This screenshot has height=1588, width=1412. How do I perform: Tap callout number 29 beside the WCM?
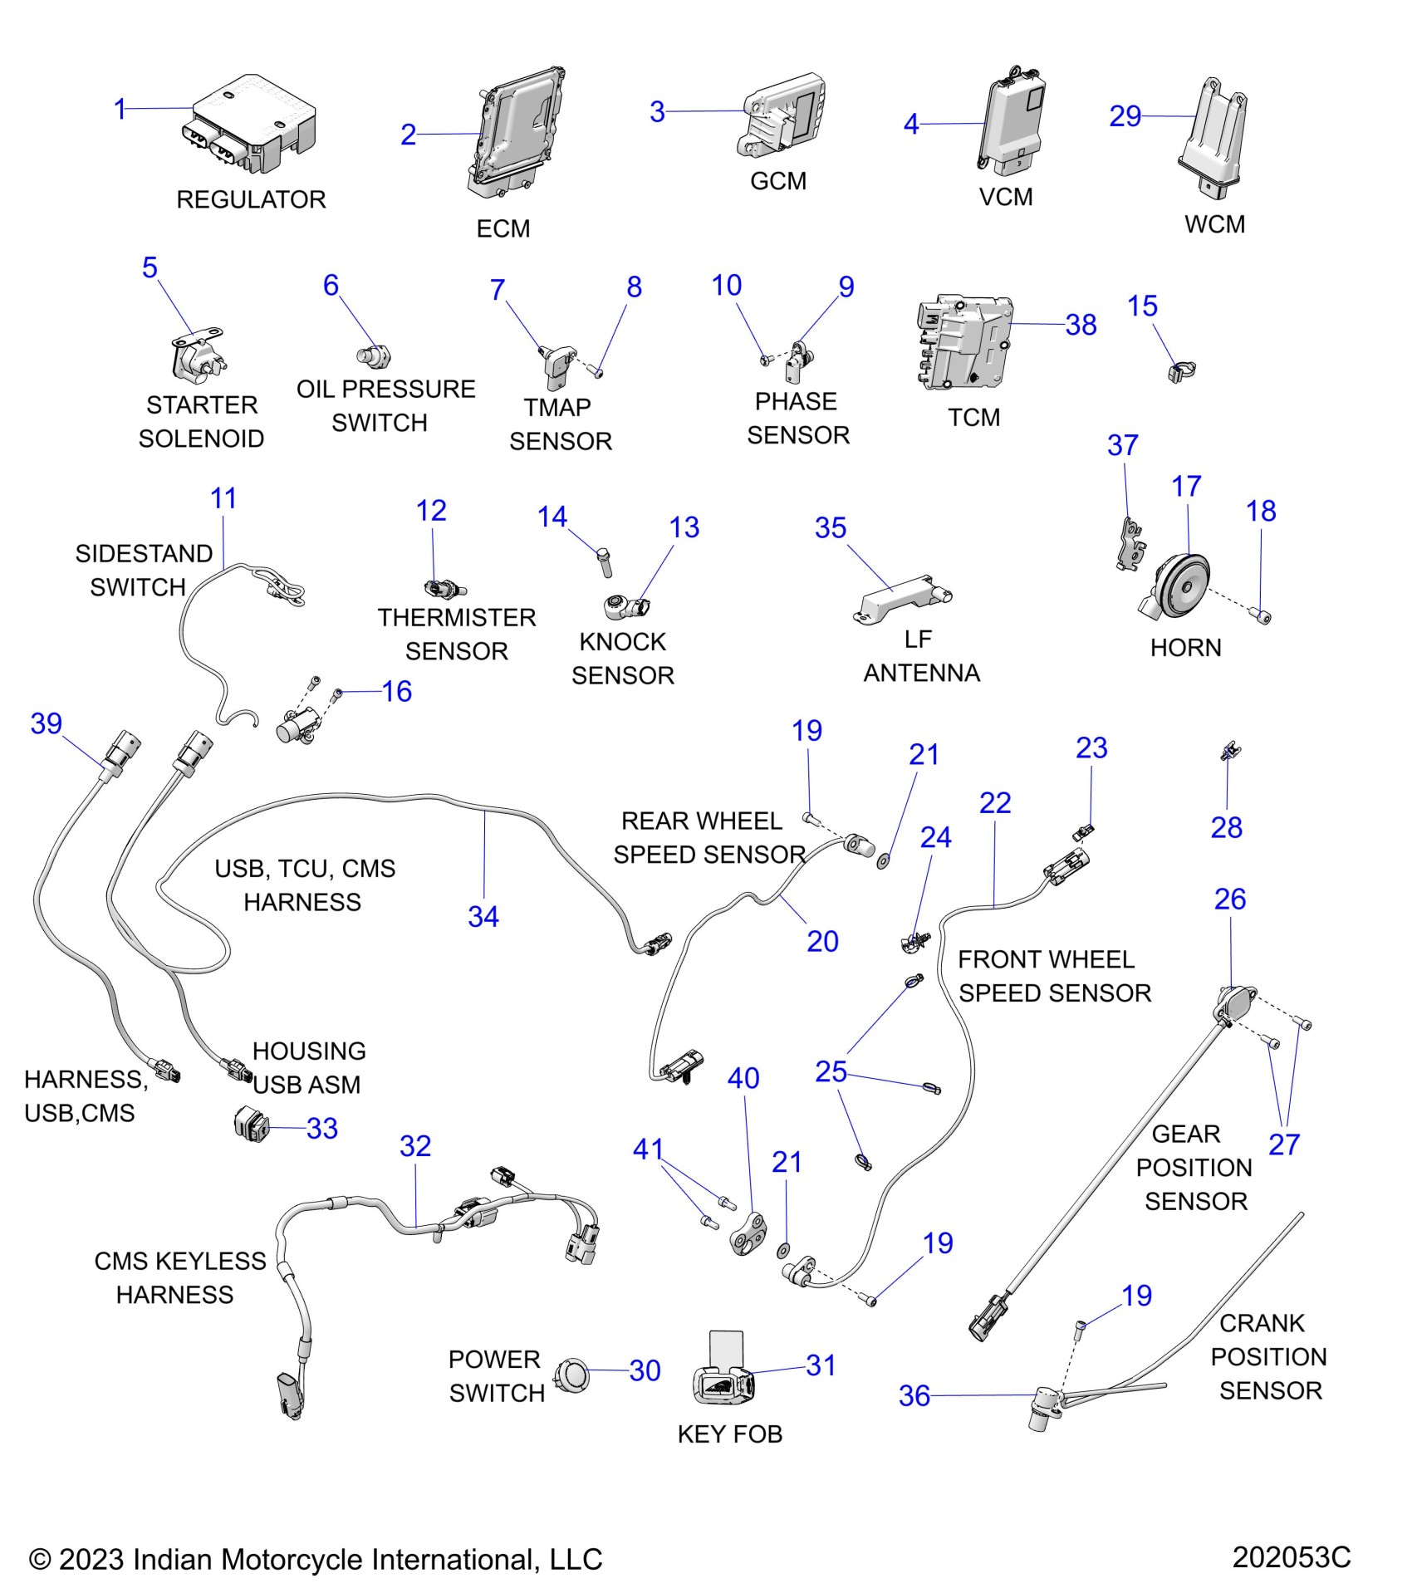click(1125, 116)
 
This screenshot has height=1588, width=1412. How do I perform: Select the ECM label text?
click(503, 228)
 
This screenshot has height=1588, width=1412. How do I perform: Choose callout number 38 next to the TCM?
click(1081, 325)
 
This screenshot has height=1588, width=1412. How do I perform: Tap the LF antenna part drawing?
click(902, 595)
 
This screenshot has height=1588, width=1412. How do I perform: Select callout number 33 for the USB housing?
click(322, 1128)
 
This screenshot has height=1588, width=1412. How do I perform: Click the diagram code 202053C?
click(1291, 1556)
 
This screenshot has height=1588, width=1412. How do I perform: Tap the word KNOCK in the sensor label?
click(622, 641)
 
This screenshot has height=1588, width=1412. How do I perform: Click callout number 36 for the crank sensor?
click(914, 1395)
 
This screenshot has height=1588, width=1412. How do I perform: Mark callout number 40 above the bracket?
click(743, 1078)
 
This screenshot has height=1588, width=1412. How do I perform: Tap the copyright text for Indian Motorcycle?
click(316, 1559)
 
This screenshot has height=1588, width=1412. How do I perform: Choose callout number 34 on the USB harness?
click(483, 916)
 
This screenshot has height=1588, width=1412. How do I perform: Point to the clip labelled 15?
click(1180, 370)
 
